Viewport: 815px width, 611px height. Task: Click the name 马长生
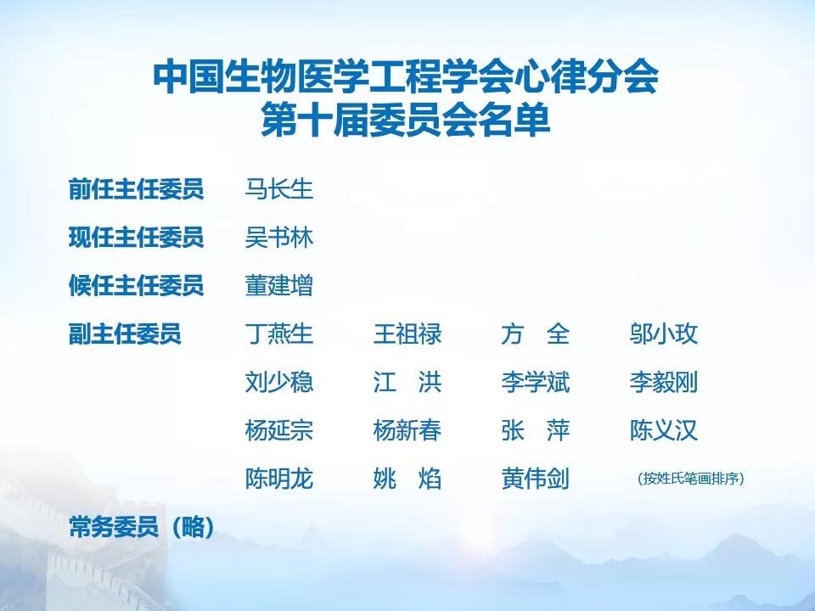pyautogui.click(x=278, y=189)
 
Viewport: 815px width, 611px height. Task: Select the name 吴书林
pyautogui.click(x=278, y=238)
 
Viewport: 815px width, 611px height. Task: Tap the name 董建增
pyautogui.click(x=278, y=285)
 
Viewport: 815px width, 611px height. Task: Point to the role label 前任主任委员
pyautogui.click(x=136, y=189)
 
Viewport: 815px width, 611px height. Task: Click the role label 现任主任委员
pyautogui.click(x=136, y=238)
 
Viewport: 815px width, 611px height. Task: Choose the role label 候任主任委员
pyautogui.click(x=136, y=285)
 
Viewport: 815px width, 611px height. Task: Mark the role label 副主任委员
pyautogui.click(x=125, y=334)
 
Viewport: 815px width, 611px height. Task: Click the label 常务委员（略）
pyautogui.click(x=142, y=527)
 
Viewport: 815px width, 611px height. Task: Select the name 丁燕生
pyautogui.click(x=278, y=334)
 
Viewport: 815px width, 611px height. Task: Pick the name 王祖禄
pyautogui.click(x=407, y=334)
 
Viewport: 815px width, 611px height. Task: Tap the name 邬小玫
pyautogui.click(x=663, y=334)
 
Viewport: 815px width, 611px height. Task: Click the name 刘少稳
pyautogui.click(x=278, y=382)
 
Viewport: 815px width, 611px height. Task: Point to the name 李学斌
pyautogui.click(x=536, y=382)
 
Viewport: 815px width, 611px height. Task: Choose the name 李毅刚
pyautogui.click(x=663, y=382)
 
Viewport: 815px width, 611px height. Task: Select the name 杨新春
pyautogui.click(x=407, y=430)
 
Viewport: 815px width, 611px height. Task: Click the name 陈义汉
pyautogui.click(x=663, y=430)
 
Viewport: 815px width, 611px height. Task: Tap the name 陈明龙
pyautogui.click(x=278, y=479)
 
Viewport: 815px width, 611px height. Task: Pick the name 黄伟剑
pyautogui.click(x=536, y=479)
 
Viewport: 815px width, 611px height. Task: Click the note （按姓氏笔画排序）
pyautogui.click(x=691, y=478)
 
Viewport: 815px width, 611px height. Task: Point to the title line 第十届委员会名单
pyautogui.click(x=406, y=120)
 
